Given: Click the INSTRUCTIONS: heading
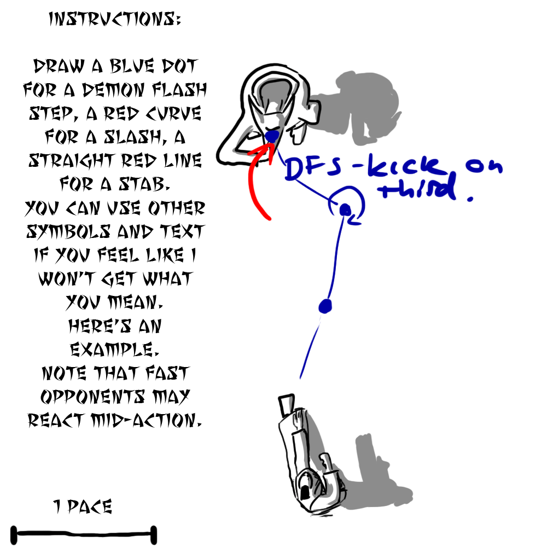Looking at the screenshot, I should [115, 20].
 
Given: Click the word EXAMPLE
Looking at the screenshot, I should [114, 350].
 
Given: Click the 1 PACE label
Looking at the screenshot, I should [83, 507].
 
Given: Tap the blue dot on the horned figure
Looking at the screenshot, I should [272, 135].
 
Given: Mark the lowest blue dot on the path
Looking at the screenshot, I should [325, 306].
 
